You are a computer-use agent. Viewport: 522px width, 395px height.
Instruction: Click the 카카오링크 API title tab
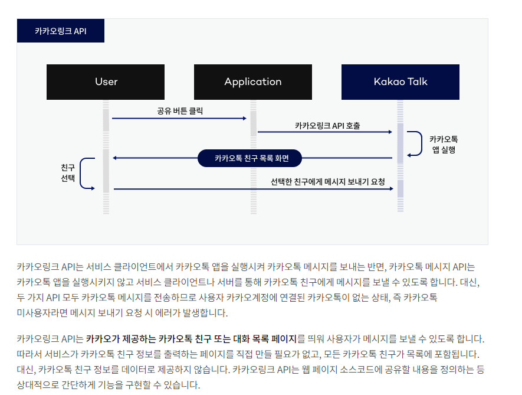click(x=60, y=31)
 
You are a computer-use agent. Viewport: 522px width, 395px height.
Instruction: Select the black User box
click(x=106, y=82)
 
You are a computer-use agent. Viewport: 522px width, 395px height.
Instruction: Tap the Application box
click(x=252, y=82)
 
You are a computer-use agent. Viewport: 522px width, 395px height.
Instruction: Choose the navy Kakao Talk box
click(x=400, y=82)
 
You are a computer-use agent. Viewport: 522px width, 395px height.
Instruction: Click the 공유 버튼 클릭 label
click(x=180, y=110)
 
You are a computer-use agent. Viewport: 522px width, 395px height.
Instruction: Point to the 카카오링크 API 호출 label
click(x=327, y=125)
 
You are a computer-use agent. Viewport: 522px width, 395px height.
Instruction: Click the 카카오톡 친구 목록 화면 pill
click(x=250, y=158)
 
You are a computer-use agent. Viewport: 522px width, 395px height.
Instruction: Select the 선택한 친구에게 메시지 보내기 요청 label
click(x=327, y=181)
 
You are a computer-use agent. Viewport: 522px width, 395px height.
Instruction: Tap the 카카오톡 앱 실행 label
click(x=443, y=145)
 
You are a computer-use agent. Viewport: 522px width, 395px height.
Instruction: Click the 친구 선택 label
click(x=68, y=172)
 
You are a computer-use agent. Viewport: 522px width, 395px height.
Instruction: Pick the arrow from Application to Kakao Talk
click(x=324, y=133)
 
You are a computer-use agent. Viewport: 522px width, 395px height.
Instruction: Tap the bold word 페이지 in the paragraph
click(x=283, y=339)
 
